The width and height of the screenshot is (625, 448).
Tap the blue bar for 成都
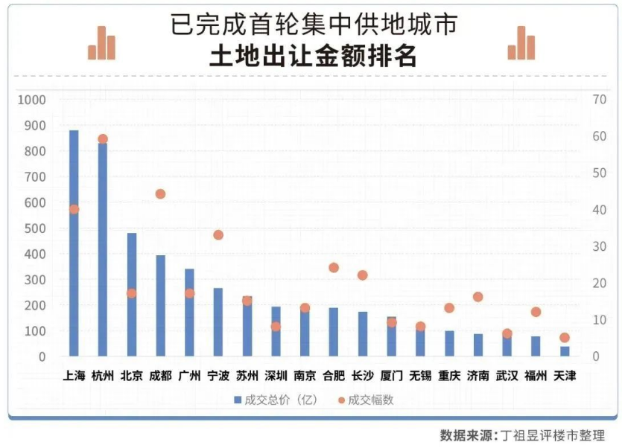160,306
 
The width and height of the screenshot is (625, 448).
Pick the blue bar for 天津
565,351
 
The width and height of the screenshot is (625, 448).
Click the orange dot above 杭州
103,139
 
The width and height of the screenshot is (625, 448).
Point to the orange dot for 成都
160,194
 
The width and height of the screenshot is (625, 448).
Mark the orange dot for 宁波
218,235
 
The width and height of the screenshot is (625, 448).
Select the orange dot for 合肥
334,268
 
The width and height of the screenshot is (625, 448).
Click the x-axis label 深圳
276,376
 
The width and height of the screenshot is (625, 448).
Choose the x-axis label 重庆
449,376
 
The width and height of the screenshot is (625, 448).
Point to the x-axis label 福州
536,376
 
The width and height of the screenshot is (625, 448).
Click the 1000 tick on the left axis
32,100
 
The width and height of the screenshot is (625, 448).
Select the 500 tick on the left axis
35,228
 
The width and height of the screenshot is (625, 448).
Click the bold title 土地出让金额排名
312,57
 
